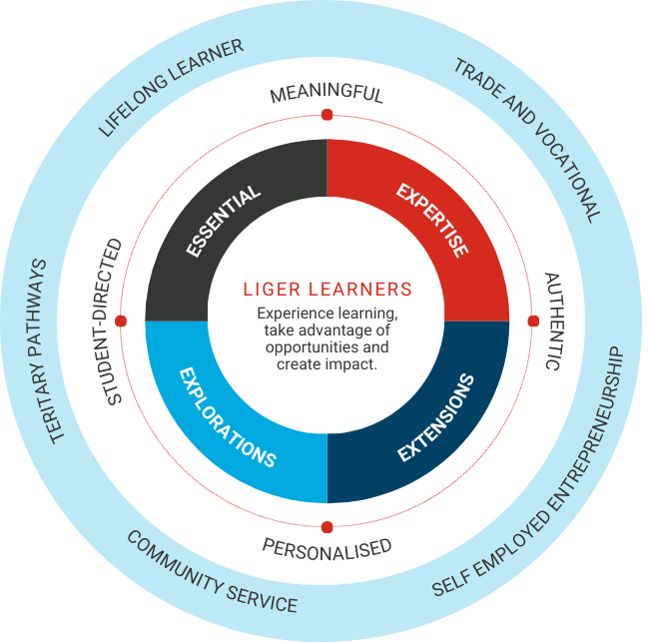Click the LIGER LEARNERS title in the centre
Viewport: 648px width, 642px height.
[x=327, y=290]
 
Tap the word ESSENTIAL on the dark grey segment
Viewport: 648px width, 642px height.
[x=224, y=221]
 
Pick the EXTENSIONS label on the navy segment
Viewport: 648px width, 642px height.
[x=435, y=417]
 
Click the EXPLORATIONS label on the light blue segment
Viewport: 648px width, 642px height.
[x=227, y=417]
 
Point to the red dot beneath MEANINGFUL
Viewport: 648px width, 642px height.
[x=326, y=116]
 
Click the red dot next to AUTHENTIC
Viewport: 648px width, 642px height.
[x=533, y=321]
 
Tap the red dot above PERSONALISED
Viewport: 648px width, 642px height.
[x=326, y=527]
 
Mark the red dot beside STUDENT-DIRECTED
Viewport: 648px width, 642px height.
[x=121, y=321]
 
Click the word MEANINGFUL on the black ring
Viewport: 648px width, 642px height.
[x=326, y=94]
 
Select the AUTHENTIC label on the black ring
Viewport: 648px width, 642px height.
[x=554, y=321]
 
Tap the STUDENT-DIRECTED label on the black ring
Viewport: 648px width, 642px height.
[x=114, y=321]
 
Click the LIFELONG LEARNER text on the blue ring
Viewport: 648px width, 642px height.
[x=171, y=87]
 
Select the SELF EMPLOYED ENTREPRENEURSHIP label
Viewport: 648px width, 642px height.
[x=528, y=475]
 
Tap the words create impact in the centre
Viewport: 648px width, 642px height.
[x=326, y=363]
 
